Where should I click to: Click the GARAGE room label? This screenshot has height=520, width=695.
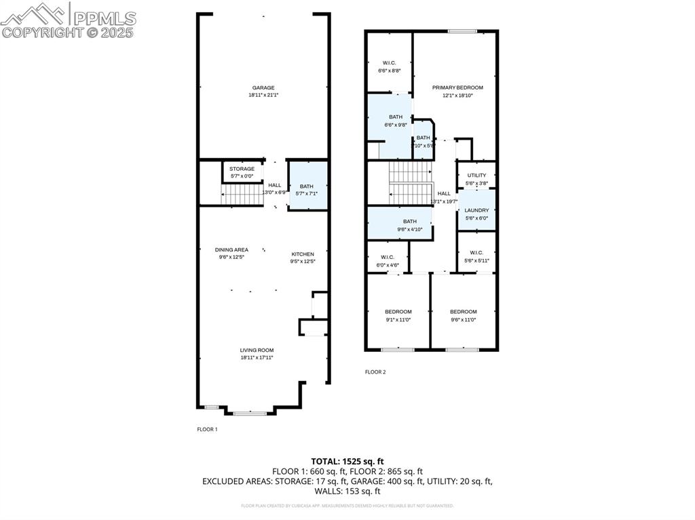[x=263, y=87]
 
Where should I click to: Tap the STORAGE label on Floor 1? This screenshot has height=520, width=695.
[x=242, y=169]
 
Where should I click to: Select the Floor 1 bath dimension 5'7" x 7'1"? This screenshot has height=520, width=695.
[x=307, y=193]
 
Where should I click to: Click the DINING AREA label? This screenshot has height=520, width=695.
[x=231, y=249]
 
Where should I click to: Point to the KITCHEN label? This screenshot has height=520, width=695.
[x=303, y=254]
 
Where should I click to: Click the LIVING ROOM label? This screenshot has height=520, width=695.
[x=257, y=350]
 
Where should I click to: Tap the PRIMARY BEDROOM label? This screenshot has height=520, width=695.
[x=457, y=87]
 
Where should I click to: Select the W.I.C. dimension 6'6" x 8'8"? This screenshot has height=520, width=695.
[x=390, y=70]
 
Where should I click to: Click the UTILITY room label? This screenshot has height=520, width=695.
[x=476, y=175]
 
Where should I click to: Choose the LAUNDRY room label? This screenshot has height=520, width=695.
[x=476, y=210]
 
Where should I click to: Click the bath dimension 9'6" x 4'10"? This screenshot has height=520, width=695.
[x=410, y=229]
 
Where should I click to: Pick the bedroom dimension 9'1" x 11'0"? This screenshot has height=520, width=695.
[x=398, y=319]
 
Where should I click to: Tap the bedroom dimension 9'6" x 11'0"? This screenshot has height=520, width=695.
[x=464, y=319]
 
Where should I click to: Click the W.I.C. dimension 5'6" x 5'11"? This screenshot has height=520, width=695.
[x=476, y=260]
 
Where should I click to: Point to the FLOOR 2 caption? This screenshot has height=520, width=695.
[x=375, y=372]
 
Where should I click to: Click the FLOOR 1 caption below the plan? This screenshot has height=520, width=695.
[x=207, y=429]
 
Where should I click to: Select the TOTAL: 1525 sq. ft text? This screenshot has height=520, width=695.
[x=347, y=461]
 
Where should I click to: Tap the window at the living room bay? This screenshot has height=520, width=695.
[x=250, y=412]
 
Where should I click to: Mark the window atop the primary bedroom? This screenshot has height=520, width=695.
[x=462, y=31]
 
